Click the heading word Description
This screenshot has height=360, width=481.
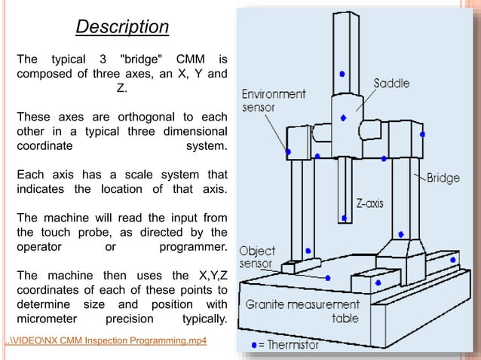tap(121, 27)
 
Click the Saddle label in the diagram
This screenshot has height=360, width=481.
tap(392, 83)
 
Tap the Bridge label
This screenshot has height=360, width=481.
tap(443, 178)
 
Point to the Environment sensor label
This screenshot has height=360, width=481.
tap(273, 101)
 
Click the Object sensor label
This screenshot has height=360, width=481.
tap(257, 258)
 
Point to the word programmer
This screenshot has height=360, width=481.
tap(193, 247)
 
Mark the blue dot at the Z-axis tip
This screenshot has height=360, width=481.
tap(344, 218)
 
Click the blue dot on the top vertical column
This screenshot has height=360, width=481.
tap(342, 74)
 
